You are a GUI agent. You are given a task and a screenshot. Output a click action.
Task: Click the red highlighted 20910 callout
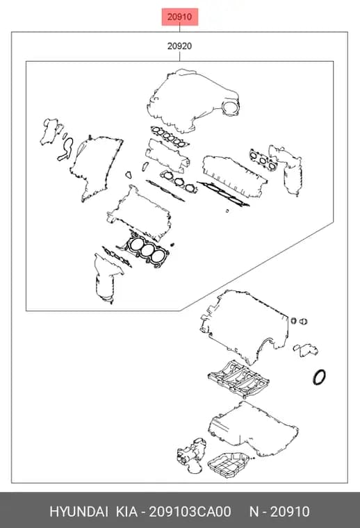179,17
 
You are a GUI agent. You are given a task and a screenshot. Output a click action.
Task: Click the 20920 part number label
179,46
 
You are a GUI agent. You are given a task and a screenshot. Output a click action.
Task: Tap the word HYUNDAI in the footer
79,512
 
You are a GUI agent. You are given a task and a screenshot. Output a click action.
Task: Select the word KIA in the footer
126,512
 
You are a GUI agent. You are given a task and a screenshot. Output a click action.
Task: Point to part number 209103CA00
190,512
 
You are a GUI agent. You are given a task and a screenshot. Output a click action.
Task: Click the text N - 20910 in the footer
279,512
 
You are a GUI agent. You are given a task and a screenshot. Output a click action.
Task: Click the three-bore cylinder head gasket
147,249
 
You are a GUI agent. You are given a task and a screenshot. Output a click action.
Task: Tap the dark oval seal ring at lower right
319,377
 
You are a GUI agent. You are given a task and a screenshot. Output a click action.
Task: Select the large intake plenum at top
193,99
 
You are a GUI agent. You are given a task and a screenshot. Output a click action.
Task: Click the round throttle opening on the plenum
230,108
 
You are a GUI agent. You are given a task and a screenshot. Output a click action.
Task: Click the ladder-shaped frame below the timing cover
238,379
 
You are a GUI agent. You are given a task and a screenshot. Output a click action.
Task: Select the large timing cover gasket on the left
96,167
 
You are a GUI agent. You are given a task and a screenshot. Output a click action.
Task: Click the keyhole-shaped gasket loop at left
65,149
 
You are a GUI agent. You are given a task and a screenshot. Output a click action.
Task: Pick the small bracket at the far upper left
51,131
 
